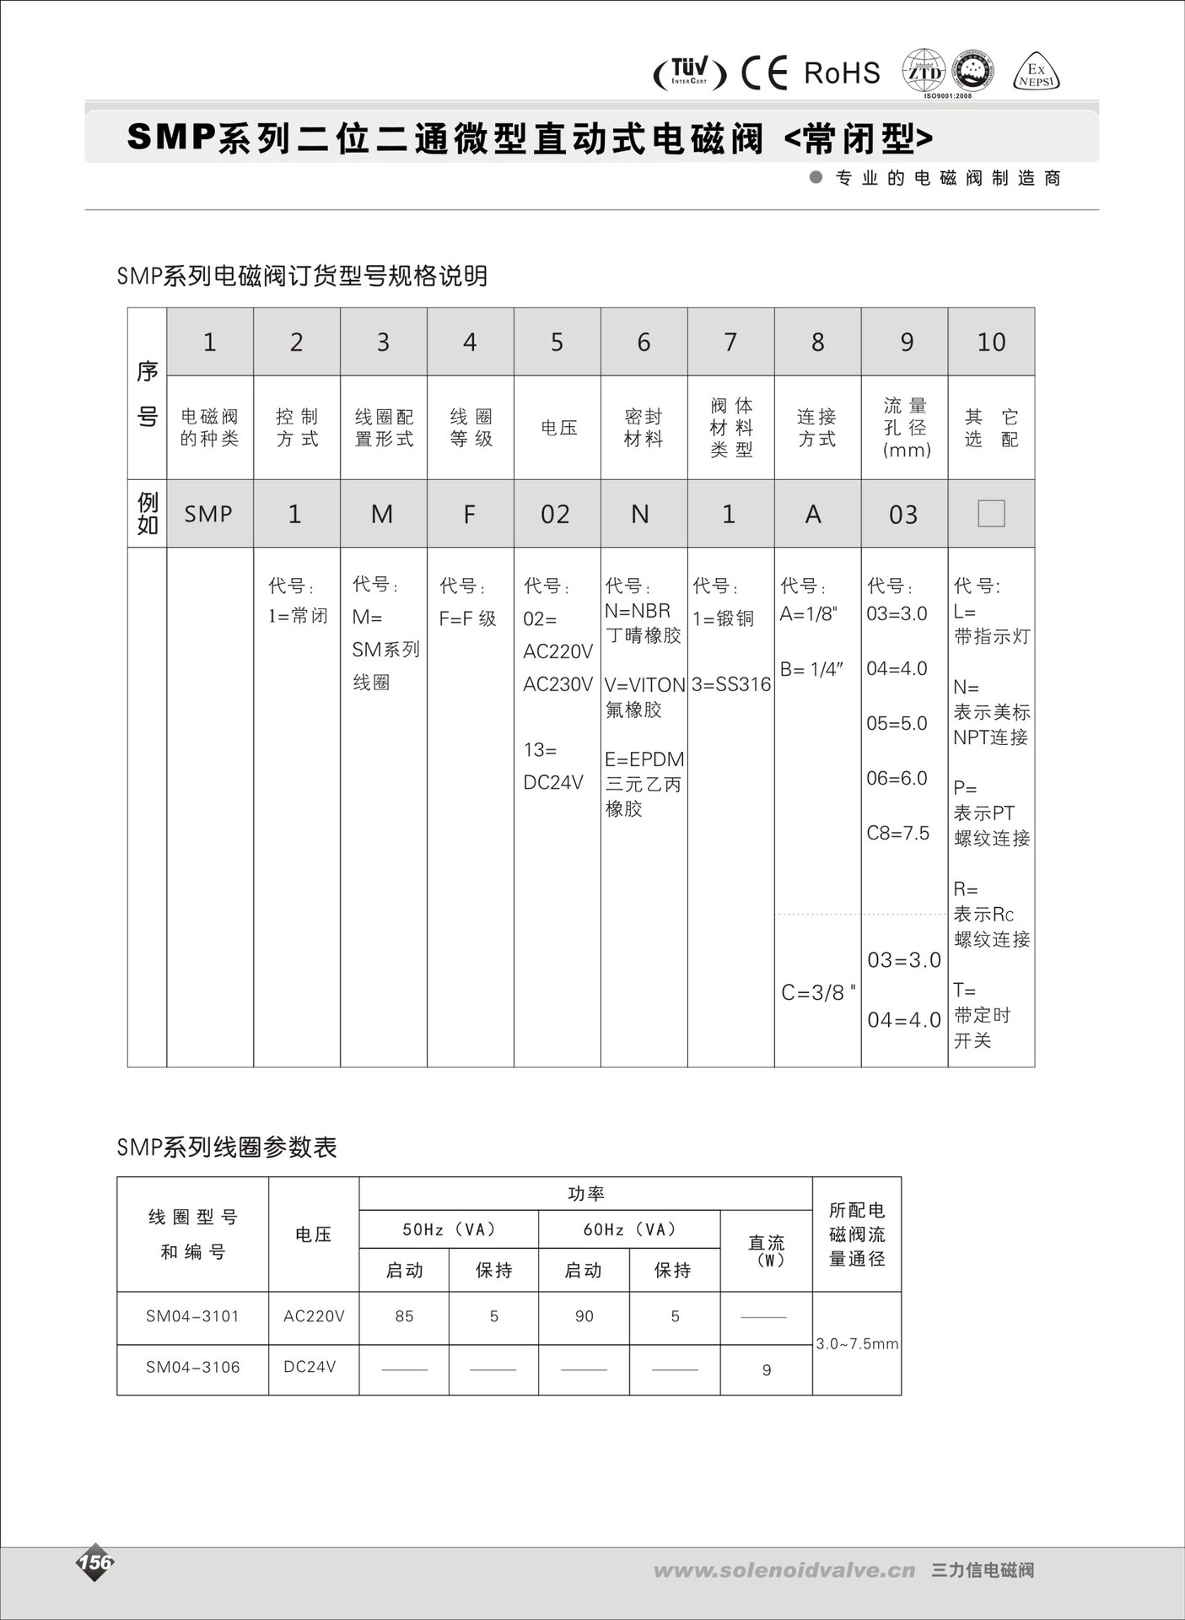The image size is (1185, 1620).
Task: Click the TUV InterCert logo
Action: pos(690,73)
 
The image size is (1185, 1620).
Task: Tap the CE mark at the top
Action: pos(764,73)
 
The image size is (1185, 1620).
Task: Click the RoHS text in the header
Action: pos(842,73)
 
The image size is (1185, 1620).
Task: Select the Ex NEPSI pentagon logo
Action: pos(1036,74)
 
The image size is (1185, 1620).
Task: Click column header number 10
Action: pos(991,342)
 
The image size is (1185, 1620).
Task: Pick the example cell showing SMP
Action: pos(208,514)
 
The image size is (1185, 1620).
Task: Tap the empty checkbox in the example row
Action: pos(991,513)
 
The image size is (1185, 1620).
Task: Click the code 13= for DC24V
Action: pos(540,750)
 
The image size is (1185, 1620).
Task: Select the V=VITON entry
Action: pos(644,685)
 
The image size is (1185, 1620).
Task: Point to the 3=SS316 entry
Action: pos(731,684)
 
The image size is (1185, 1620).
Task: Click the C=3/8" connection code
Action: pos(817,992)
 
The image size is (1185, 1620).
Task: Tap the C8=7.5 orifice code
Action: pos(897,834)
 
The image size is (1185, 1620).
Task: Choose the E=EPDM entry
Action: pos(644,759)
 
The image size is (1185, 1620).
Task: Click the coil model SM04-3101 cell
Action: pos(192,1316)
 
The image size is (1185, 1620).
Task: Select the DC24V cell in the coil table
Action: pos(310,1367)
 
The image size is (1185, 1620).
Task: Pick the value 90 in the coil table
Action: pos(584,1316)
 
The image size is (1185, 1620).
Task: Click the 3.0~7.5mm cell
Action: pos(857,1343)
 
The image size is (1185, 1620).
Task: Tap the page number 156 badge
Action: pos(95,1562)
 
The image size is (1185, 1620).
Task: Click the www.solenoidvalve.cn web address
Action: pos(784,1570)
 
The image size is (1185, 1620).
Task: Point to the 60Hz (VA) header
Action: pos(629,1229)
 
